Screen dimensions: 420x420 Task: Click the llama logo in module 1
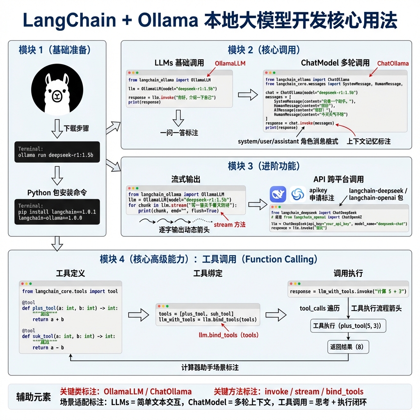pos(57,89)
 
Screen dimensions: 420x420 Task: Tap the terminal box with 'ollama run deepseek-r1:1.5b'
pos(57,152)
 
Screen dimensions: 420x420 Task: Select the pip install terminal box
pos(57,212)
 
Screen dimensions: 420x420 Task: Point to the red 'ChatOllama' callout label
pos(393,63)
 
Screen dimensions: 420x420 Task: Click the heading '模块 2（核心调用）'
pos(264,50)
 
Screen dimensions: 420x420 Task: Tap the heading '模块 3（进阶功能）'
pos(264,166)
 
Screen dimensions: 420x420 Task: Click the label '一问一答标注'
pos(179,133)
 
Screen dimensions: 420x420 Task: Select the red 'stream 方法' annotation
pos(230,224)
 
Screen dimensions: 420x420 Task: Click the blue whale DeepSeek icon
pos(278,194)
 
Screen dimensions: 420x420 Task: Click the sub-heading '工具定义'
pos(70,273)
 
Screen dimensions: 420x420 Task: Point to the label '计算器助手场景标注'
pos(210,367)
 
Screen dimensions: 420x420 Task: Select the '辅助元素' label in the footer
pos(34,397)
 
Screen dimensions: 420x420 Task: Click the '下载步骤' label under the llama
pos(76,128)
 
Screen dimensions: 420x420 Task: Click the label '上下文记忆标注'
pos(368,141)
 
